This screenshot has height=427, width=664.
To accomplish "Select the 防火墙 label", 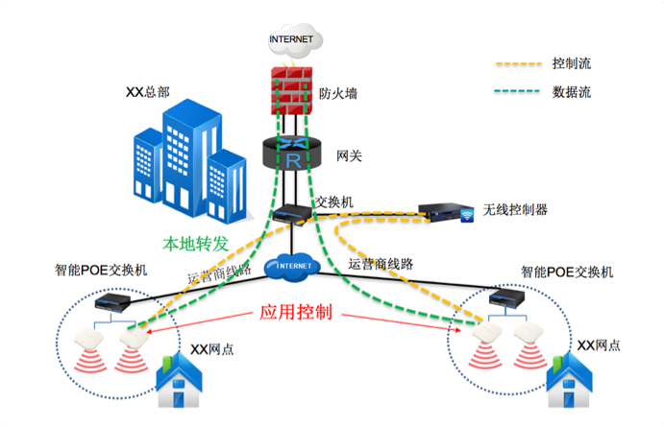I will click(337, 94).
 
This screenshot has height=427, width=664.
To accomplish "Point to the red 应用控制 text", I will click(297, 313).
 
